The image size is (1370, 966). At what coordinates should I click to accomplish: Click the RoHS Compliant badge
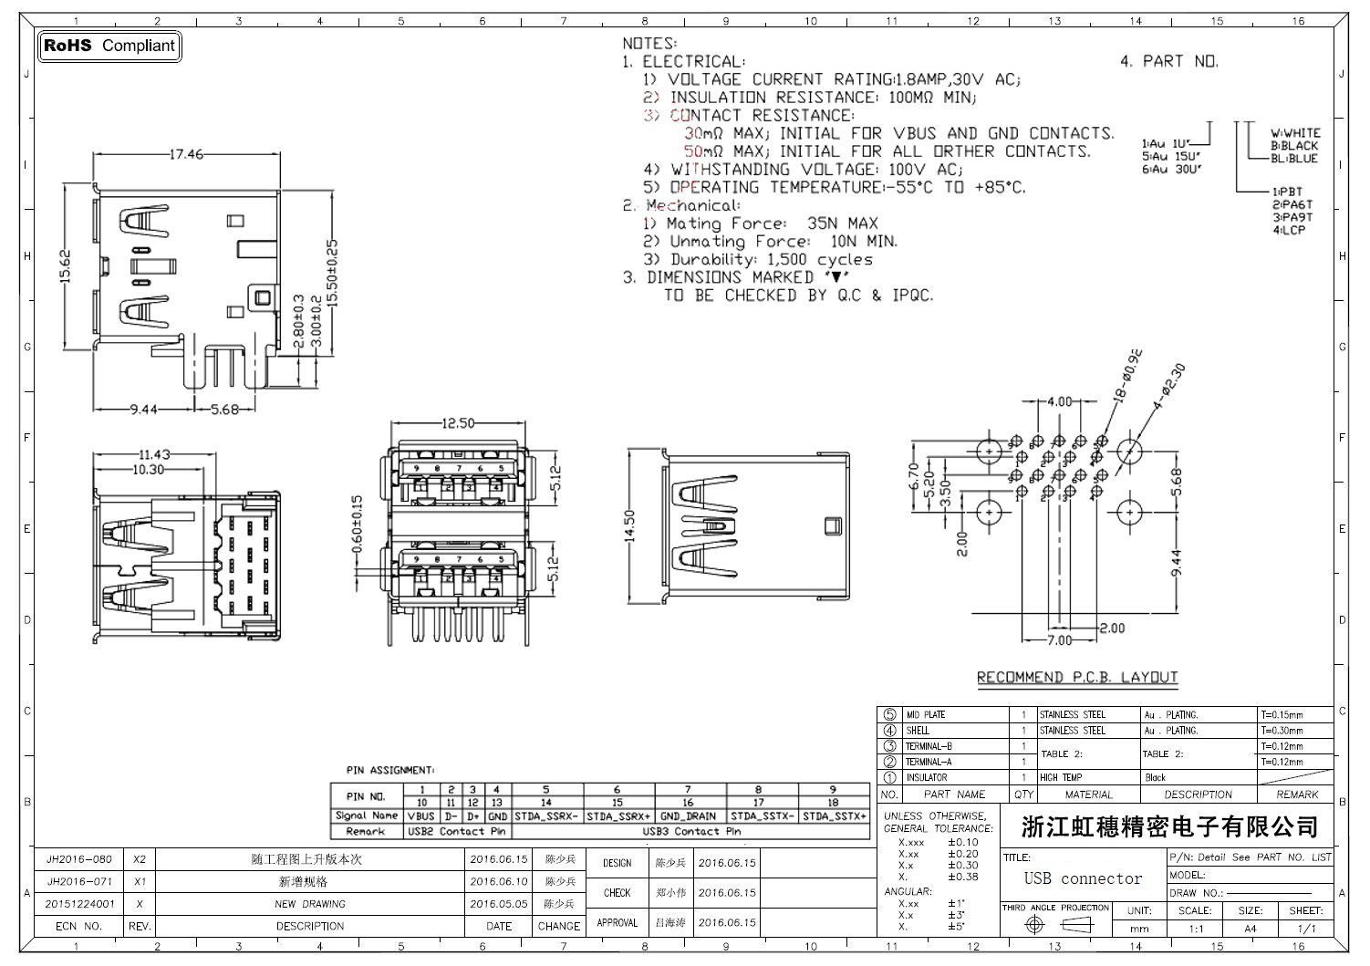coord(109,46)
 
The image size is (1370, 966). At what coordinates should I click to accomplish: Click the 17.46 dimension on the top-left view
coord(186,154)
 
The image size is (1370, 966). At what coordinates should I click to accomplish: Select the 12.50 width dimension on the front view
coord(458,423)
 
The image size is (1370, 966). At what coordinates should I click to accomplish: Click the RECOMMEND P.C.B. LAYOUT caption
coord(1077,678)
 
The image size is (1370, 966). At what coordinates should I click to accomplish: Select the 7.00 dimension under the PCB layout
coord(1059,640)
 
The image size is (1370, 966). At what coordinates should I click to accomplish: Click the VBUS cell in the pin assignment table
coord(421,816)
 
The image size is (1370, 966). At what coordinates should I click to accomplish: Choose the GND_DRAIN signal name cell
coord(689,816)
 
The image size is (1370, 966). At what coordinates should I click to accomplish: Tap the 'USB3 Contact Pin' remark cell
coord(690,832)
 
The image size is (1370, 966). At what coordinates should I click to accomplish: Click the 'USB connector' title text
coord(1083,878)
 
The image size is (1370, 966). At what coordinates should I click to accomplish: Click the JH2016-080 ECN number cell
coord(79,859)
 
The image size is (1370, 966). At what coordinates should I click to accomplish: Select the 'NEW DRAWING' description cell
coord(310,904)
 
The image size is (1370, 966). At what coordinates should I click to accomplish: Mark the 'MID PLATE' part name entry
coord(925,715)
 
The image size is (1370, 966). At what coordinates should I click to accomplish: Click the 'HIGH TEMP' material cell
coord(1061,778)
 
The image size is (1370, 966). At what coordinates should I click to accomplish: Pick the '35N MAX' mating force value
coord(842,223)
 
